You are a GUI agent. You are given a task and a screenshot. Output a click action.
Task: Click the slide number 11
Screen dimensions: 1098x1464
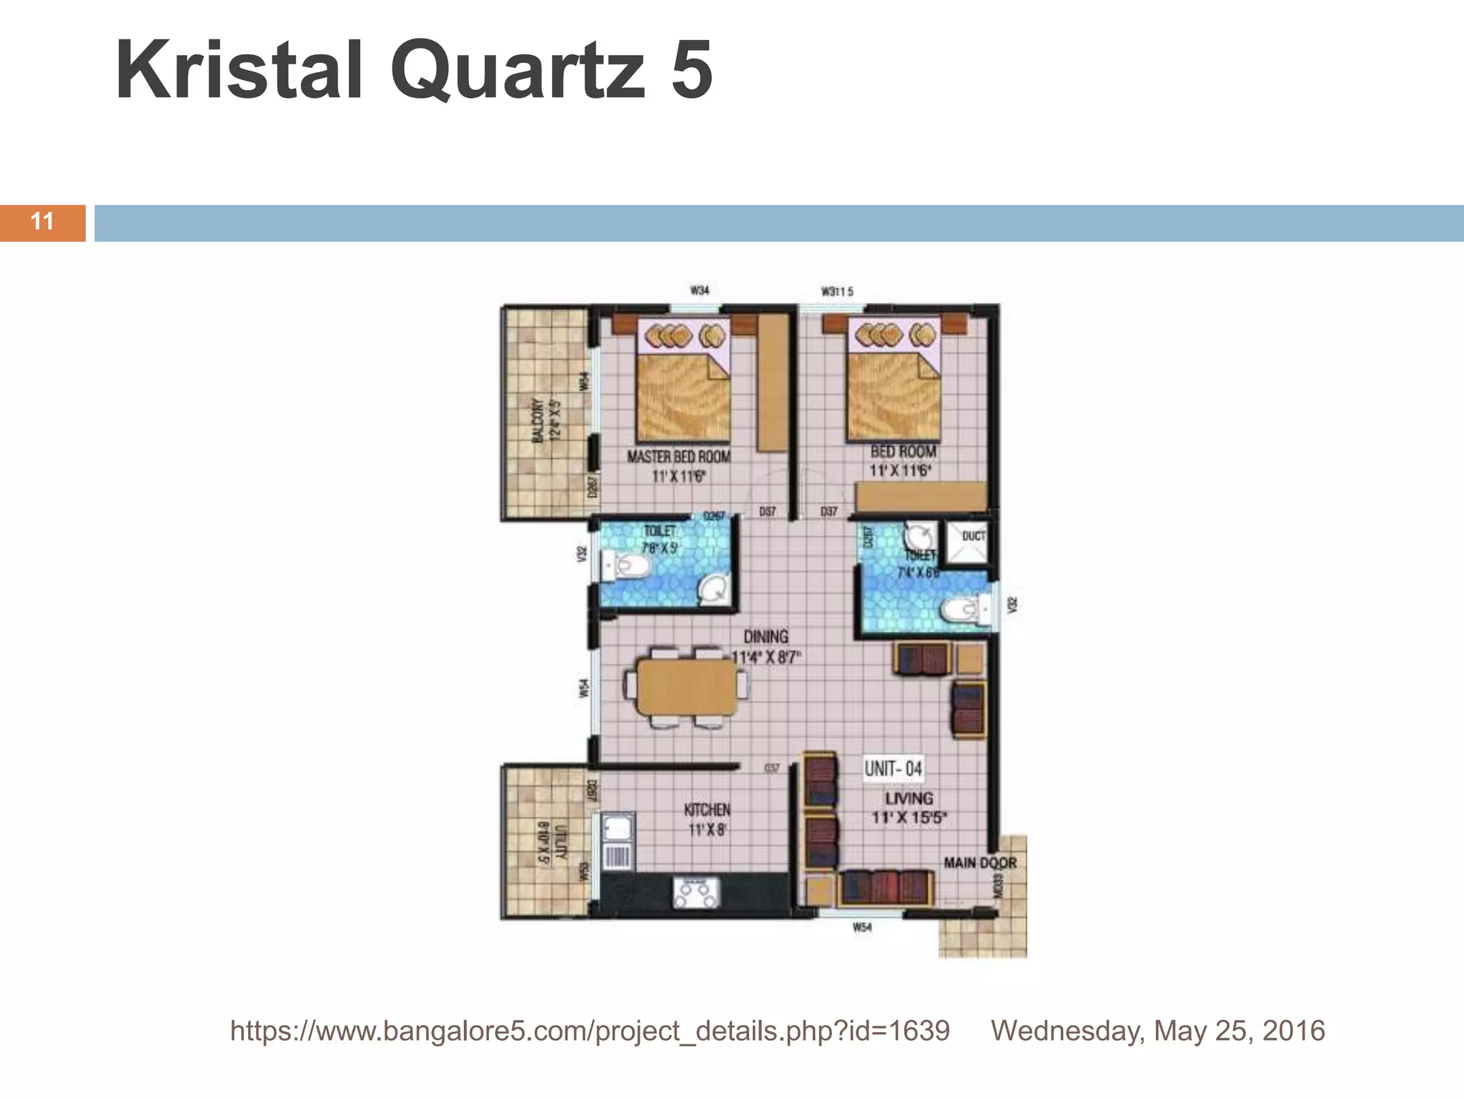(x=42, y=222)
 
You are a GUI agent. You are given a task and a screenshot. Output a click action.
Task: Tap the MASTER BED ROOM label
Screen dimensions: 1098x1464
(x=678, y=457)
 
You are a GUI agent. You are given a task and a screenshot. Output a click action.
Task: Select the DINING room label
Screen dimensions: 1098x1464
(x=766, y=637)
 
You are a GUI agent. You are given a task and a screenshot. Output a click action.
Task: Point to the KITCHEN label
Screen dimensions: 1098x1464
(x=707, y=810)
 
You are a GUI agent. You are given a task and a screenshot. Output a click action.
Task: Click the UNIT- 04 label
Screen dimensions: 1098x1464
(x=893, y=768)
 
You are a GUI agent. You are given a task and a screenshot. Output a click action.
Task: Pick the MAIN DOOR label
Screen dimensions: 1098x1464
(x=979, y=863)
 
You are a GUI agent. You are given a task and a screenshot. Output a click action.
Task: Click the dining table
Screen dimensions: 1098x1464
(x=687, y=687)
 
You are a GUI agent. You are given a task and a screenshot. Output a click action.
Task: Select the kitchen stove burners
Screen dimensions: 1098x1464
(x=696, y=892)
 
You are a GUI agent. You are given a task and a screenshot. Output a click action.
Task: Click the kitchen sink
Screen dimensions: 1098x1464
(x=618, y=829)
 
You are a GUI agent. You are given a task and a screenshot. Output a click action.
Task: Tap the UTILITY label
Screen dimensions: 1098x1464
(x=560, y=842)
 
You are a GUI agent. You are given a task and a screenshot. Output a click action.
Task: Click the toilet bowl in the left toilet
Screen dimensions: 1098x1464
(x=631, y=567)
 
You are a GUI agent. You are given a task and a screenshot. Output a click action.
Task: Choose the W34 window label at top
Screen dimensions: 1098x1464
(x=699, y=290)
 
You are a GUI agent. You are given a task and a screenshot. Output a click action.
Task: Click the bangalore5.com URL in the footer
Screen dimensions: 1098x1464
(x=590, y=1031)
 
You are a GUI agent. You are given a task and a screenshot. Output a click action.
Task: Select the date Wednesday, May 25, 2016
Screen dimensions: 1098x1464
(x=1157, y=1031)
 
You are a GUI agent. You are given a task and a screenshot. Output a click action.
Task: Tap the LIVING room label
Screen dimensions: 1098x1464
(x=909, y=798)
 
